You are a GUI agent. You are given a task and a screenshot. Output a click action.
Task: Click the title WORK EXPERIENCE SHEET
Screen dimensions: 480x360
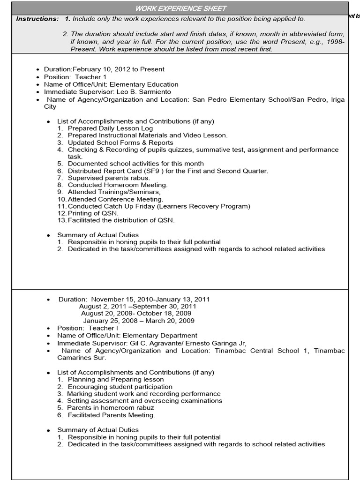(x=180, y=8)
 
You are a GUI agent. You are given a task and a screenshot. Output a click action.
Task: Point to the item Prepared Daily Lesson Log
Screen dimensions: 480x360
(x=110, y=128)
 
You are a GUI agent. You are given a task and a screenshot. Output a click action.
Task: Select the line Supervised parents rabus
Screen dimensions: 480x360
(x=108, y=178)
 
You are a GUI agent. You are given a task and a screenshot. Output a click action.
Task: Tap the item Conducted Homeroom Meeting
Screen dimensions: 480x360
(x=117, y=185)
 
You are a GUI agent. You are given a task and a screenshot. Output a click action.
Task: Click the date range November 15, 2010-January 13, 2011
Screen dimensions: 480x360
(x=150, y=299)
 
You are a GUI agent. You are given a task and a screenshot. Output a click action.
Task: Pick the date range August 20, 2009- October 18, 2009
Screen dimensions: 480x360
(x=136, y=313)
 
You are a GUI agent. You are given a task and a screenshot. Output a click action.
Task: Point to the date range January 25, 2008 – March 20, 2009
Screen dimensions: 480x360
(x=138, y=321)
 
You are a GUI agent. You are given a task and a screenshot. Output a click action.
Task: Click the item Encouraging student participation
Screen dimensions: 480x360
(x=120, y=387)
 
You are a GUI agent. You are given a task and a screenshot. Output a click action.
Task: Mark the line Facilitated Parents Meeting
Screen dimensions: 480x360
(x=111, y=415)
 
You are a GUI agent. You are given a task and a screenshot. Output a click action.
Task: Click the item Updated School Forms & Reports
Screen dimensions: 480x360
(x=120, y=142)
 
